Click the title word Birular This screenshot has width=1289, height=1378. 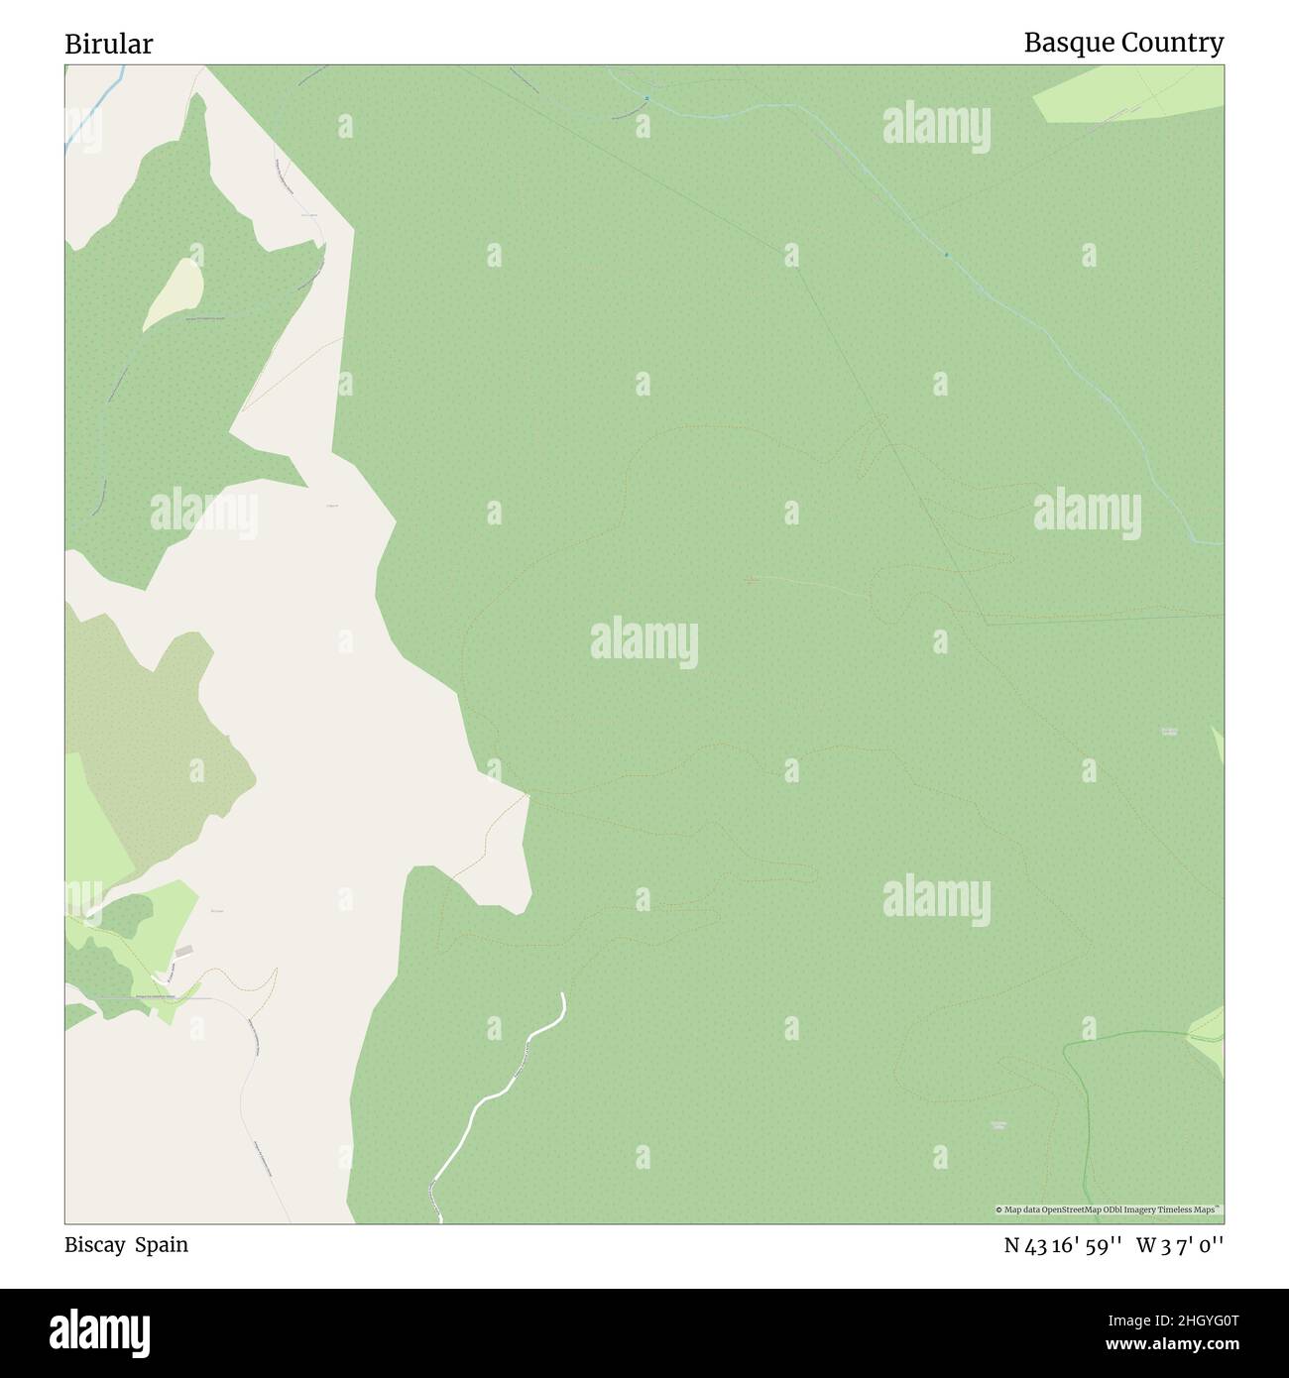[x=109, y=44]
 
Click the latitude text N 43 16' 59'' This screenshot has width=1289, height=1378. [x=1062, y=1246]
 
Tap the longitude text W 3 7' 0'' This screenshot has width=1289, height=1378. [x=1180, y=1246]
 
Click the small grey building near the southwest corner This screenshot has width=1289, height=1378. [x=184, y=952]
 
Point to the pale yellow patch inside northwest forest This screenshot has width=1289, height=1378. [x=176, y=292]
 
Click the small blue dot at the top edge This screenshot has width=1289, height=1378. [x=645, y=97]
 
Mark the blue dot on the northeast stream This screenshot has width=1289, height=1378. [x=946, y=255]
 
